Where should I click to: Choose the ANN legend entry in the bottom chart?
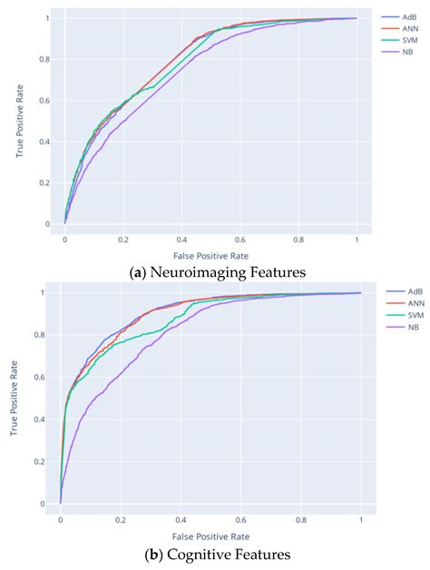click(x=405, y=303)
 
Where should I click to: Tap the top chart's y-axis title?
click(x=18, y=120)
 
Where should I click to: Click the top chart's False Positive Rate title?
click(x=211, y=257)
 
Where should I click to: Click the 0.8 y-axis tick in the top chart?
click(x=47, y=59)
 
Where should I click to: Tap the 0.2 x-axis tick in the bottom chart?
click(x=120, y=520)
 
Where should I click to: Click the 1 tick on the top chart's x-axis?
click(x=357, y=241)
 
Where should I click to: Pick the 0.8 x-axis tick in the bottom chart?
click(x=300, y=520)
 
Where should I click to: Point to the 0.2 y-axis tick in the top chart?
click(x=47, y=182)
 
